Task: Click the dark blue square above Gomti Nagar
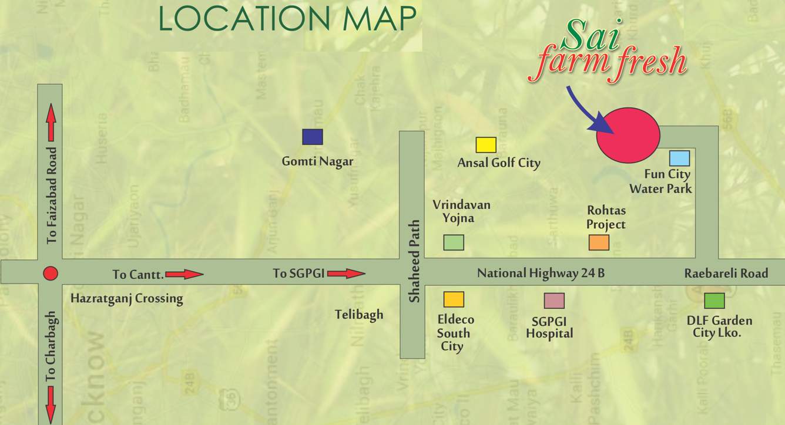pyautogui.click(x=313, y=137)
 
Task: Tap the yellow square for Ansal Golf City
pyautogui.click(x=486, y=145)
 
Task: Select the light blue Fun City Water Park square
pyautogui.click(x=679, y=158)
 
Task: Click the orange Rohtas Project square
pyautogui.click(x=599, y=242)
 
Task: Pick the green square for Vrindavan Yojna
pyautogui.click(x=454, y=242)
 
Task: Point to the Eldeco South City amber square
pyautogui.click(x=454, y=299)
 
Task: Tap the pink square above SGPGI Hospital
pyautogui.click(x=554, y=301)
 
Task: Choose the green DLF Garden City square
pyautogui.click(x=714, y=301)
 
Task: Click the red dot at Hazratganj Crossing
pyautogui.click(x=51, y=274)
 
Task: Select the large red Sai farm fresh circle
pyautogui.click(x=628, y=135)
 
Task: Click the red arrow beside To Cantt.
pyautogui.click(x=184, y=274)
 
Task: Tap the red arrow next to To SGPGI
pyautogui.click(x=346, y=274)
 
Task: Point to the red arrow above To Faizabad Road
pyautogui.click(x=51, y=123)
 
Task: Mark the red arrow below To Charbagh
pyautogui.click(x=51, y=403)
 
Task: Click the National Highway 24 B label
pyautogui.click(x=541, y=273)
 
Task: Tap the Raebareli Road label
pyautogui.click(x=726, y=273)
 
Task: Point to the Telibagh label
pyautogui.click(x=359, y=315)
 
